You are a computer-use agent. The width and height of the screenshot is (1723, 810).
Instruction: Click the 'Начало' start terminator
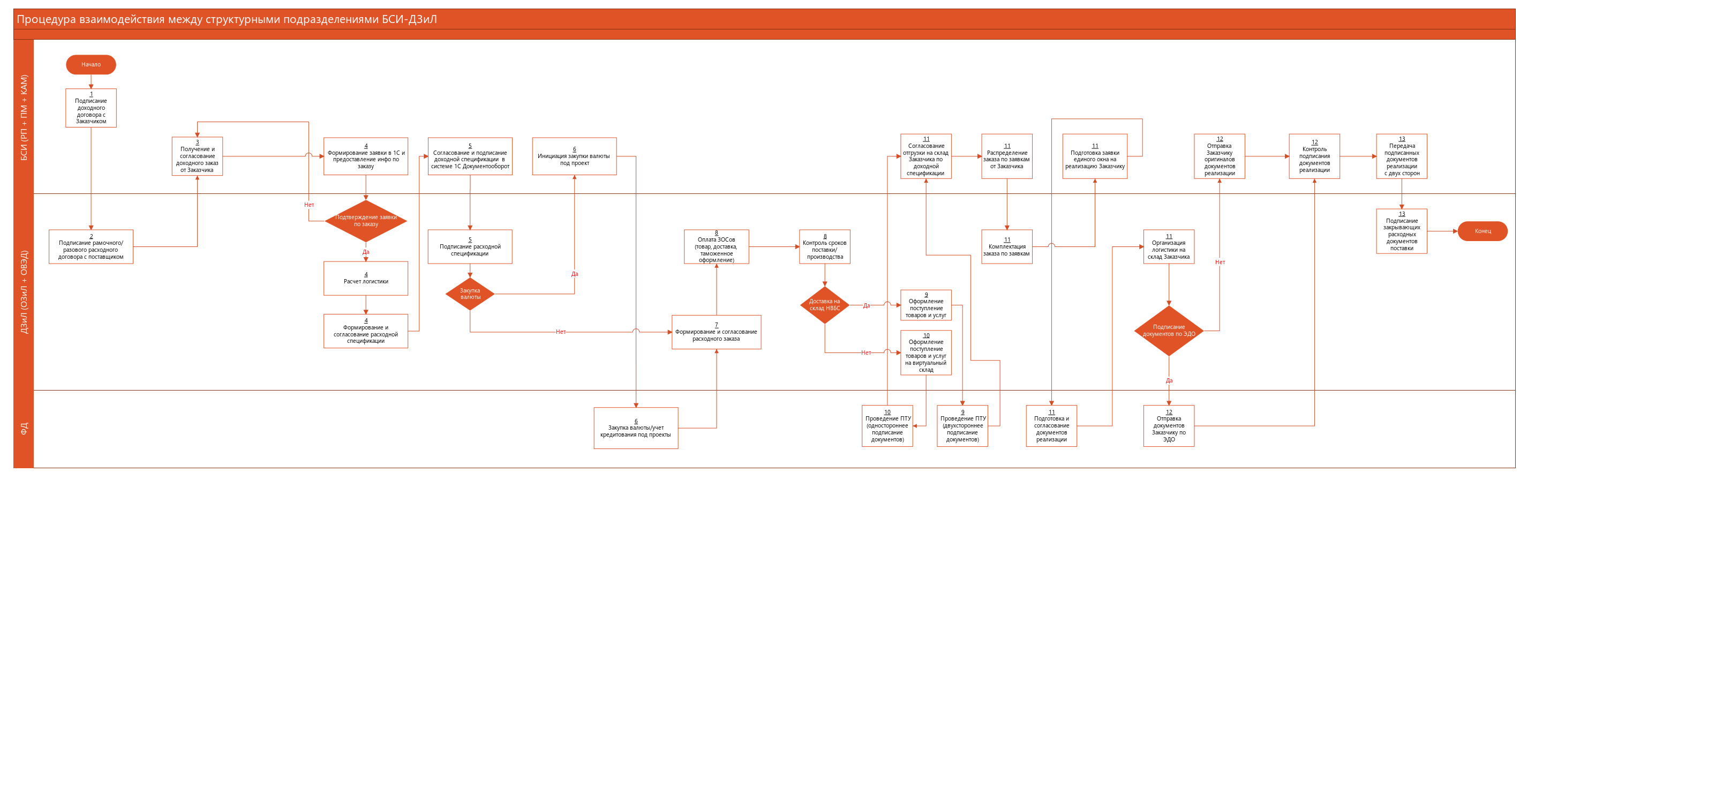tap(91, 65)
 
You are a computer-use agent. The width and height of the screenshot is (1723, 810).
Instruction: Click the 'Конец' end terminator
tap(1482, 231)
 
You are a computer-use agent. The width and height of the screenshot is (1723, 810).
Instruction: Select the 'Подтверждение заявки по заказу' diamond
tap(366, 221)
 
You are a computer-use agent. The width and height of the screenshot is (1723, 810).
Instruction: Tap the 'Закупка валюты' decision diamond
tap(470, 294)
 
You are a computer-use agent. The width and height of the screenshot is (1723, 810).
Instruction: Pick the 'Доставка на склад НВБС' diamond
tap(824, 305)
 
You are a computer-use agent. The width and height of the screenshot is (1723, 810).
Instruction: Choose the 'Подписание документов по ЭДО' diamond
tap(1169, 331)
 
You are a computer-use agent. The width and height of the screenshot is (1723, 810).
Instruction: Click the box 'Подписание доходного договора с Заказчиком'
tap(91, 108)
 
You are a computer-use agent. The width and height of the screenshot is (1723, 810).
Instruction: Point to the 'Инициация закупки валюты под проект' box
tap(574, 156)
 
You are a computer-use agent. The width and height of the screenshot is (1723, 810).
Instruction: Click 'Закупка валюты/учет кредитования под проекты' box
tap(635, 428)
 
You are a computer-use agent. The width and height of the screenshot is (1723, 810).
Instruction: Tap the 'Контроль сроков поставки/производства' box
tap(824, 247)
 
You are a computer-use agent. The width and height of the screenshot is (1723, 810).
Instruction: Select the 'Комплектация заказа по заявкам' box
tap(1006, 247)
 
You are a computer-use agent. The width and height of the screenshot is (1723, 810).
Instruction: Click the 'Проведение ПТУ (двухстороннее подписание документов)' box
tap(962, 426)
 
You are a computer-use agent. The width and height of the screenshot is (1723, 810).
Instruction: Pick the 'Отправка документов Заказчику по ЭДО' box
tap(1169, 426)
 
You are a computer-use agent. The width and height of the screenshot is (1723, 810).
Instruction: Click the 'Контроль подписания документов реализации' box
tap(1314, 156)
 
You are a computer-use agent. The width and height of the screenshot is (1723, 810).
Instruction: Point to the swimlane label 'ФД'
tap(24, 429)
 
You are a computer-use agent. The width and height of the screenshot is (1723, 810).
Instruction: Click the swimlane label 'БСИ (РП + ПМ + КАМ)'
tap(24, 117)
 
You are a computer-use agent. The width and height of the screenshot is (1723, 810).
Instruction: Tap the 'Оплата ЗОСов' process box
tap(717, 247)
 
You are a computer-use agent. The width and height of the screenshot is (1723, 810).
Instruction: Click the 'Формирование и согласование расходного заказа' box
tap(717, 333)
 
